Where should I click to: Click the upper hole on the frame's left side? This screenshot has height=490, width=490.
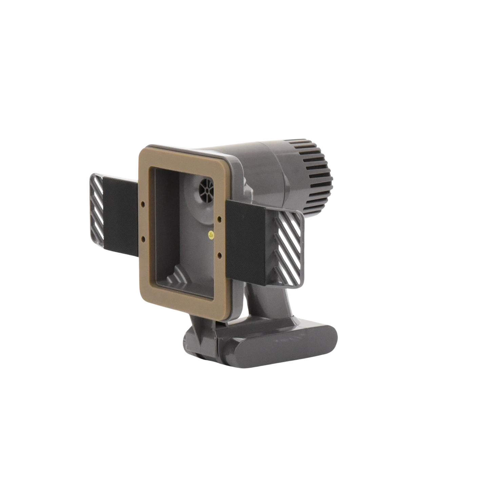click(x=143, y=204)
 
